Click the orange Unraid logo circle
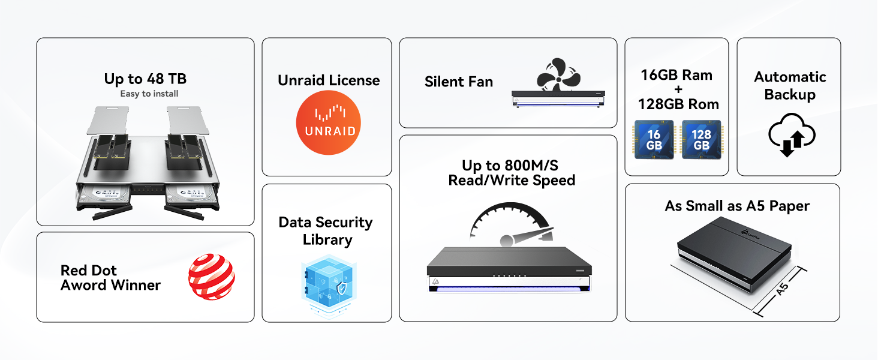(328, 122)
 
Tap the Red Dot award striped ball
(211, 277)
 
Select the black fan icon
(558, 74)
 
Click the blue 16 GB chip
(654, 140)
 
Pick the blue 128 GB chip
(701, 140)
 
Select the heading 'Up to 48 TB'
(145, 79)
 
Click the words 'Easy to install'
(149, 94)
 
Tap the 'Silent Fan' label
(459, 82)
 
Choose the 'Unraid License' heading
(329, 80)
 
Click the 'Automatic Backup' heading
(790, 86)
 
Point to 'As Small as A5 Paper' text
(737, 206)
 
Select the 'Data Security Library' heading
(326, 231)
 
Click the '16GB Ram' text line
(676, 75)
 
